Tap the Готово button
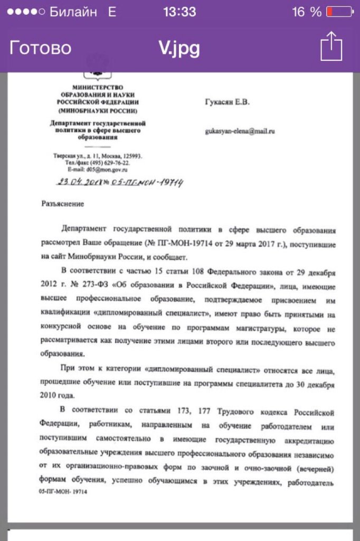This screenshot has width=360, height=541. click(40, 48)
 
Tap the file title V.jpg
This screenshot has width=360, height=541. click(179, 48)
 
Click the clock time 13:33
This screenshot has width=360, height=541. click(179, 12)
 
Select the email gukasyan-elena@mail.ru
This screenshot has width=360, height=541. click(240, 130)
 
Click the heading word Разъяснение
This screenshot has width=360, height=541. click(62, 203)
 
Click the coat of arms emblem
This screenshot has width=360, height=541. click(99, 73)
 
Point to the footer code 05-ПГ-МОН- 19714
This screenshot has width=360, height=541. click(63, 491)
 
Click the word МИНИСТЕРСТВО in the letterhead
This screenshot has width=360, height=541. click(99, 87)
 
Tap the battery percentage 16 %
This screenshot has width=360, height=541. click(307, 12)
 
